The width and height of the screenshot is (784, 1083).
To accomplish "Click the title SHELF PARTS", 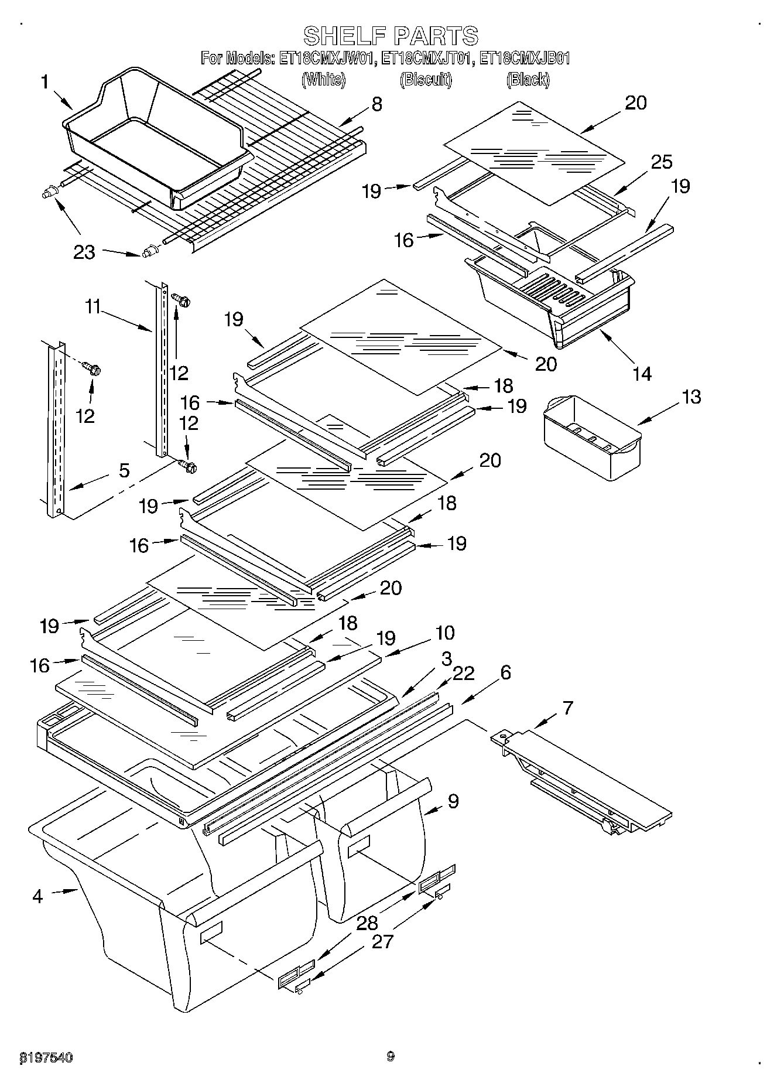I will pos(391,36).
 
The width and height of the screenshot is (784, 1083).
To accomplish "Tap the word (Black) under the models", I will pos(528,80).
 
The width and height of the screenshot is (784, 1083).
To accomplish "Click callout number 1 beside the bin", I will pos(45,82).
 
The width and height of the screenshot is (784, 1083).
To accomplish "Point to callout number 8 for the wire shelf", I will pos(376,104).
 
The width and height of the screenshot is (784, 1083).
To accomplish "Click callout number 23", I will pos(84,252).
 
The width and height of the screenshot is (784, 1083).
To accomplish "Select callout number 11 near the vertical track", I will pos(93,306).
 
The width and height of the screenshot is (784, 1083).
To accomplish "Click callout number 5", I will pos(124,470).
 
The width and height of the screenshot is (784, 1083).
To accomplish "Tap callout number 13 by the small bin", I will pos(691,397).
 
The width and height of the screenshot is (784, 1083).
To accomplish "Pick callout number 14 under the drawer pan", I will pos(642,373).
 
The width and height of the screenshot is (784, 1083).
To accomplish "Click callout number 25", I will pos(662,162).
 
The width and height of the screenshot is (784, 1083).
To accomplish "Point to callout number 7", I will pos(567,708).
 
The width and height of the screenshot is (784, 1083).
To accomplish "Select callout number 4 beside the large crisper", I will pos(37,896).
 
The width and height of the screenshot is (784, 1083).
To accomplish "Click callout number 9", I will pos(453,801).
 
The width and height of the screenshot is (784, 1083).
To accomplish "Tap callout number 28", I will pos(367,924).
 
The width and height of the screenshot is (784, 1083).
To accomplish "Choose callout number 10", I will pos(444,633).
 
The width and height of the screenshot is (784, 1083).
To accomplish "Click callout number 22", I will pos(463,674).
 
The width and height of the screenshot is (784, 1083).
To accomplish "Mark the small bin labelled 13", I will pos(591,436).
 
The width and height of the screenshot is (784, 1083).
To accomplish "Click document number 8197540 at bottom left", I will pos(46,1057).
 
